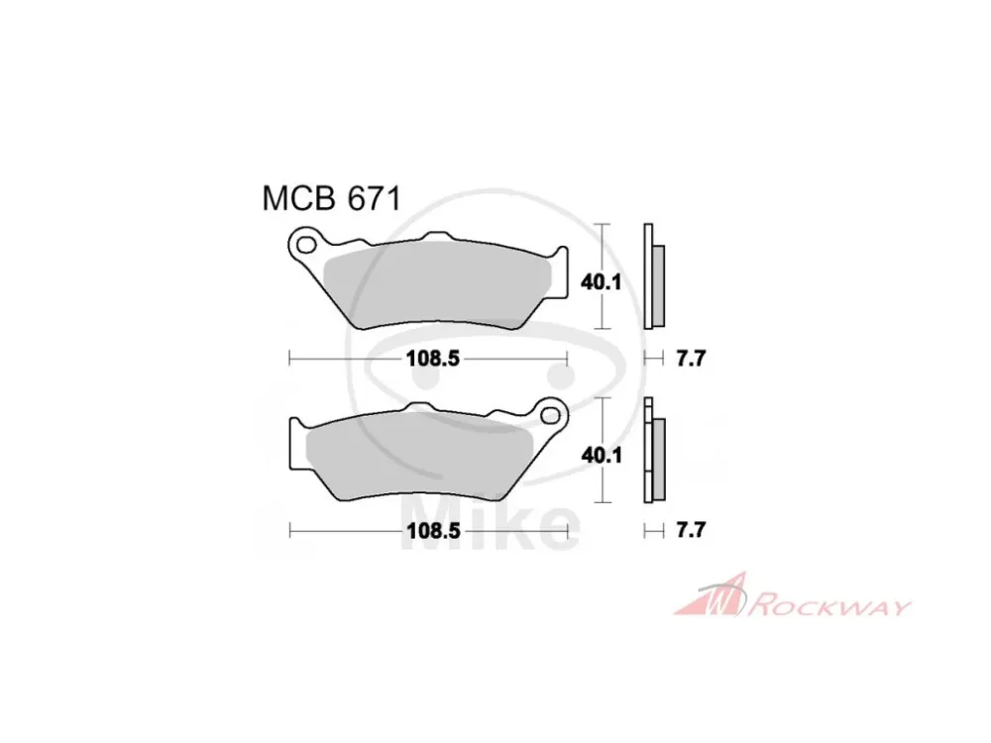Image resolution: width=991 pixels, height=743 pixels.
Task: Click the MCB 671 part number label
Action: [x=331, y=199]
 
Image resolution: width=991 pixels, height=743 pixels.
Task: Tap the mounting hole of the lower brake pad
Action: [x=550, y=416]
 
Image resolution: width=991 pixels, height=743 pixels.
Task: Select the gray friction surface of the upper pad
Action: [x=436, y=285]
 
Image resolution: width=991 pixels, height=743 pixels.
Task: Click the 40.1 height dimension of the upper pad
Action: [x=602, y=282]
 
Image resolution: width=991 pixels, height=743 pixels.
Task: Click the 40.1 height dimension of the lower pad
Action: [x=602, y=455]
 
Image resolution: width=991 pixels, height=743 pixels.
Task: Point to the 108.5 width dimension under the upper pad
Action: [x=432, y=359]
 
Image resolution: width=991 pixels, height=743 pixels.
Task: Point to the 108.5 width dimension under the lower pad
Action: [x=432, y=531]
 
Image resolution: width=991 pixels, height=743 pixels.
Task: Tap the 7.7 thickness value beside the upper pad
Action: [x=690, y=359]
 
